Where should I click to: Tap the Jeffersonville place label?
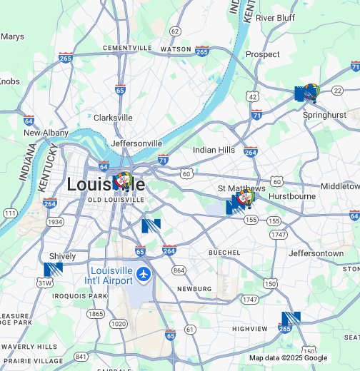click(x=136, y=143)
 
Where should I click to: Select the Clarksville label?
click(x=113, y=118)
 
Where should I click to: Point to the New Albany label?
click(x=46, y=133)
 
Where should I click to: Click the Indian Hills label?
click(x=214, y=150)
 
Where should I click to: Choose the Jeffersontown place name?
click(x=316, y=253)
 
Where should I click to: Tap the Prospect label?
click(x=262, y=54)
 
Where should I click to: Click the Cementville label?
click(x=127, y=48)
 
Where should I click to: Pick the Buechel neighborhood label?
click(x=224, y=253)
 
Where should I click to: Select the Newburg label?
click(x=195, y=289)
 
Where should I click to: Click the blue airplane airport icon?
click(x=144, y=274)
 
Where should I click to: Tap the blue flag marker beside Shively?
click(x=53, y=270)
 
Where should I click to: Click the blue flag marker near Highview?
click(x=291, y=318)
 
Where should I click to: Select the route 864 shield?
click(x=179, y=270)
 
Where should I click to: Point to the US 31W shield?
click(x=44, y=283)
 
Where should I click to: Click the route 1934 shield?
click(x=55, y=222)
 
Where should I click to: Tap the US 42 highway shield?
click(x=253, y=96)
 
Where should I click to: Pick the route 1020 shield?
click(x=119, y=323)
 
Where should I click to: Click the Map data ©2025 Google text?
click(x=288, y=358)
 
